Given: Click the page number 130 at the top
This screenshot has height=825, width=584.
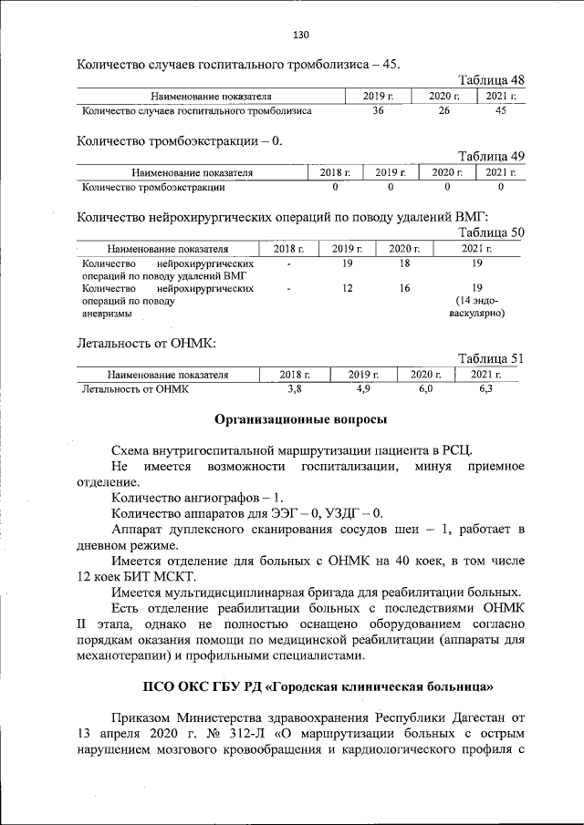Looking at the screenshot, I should [302, 36].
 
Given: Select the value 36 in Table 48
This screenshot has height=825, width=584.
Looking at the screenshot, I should [378, 111].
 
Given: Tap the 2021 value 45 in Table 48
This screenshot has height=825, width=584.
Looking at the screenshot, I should [500, 111].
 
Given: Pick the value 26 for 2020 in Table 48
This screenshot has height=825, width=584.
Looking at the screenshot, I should [443, 111].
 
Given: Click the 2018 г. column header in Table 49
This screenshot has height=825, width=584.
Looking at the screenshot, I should [335, 172].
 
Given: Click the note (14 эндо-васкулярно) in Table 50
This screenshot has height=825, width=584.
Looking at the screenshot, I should [476, 307].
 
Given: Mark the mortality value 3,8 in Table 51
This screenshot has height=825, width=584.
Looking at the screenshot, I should [294, 389].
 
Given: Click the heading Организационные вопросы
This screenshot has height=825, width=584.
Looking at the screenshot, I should [300, 419].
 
